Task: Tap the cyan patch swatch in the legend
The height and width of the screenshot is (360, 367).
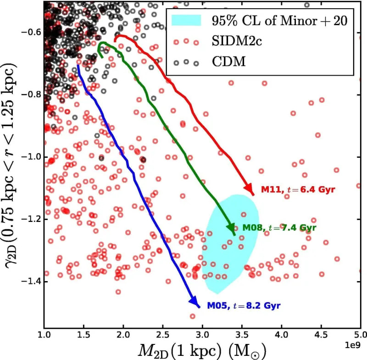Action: (186, 21)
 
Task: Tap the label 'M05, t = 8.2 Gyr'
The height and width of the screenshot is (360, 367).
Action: (243, 305)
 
